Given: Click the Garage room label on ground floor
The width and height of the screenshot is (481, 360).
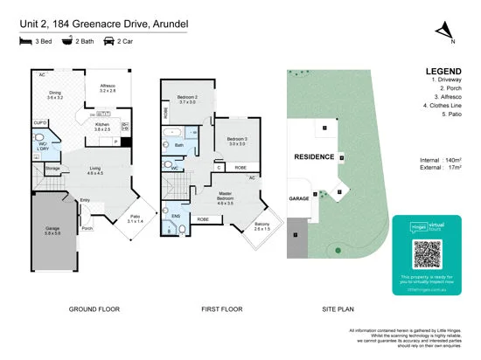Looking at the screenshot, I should click(52, 229).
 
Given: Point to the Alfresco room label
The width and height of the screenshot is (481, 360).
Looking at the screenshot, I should click(108, 88).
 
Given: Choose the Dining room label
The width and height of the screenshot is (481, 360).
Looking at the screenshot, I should click(55, 95).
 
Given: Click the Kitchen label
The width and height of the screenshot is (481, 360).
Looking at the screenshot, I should click(102, 126).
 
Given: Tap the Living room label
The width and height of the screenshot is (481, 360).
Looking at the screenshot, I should click(95, 171).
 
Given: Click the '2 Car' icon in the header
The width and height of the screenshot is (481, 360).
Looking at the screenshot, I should click(110, 41).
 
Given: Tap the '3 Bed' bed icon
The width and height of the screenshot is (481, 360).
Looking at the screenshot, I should click(24, 41).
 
